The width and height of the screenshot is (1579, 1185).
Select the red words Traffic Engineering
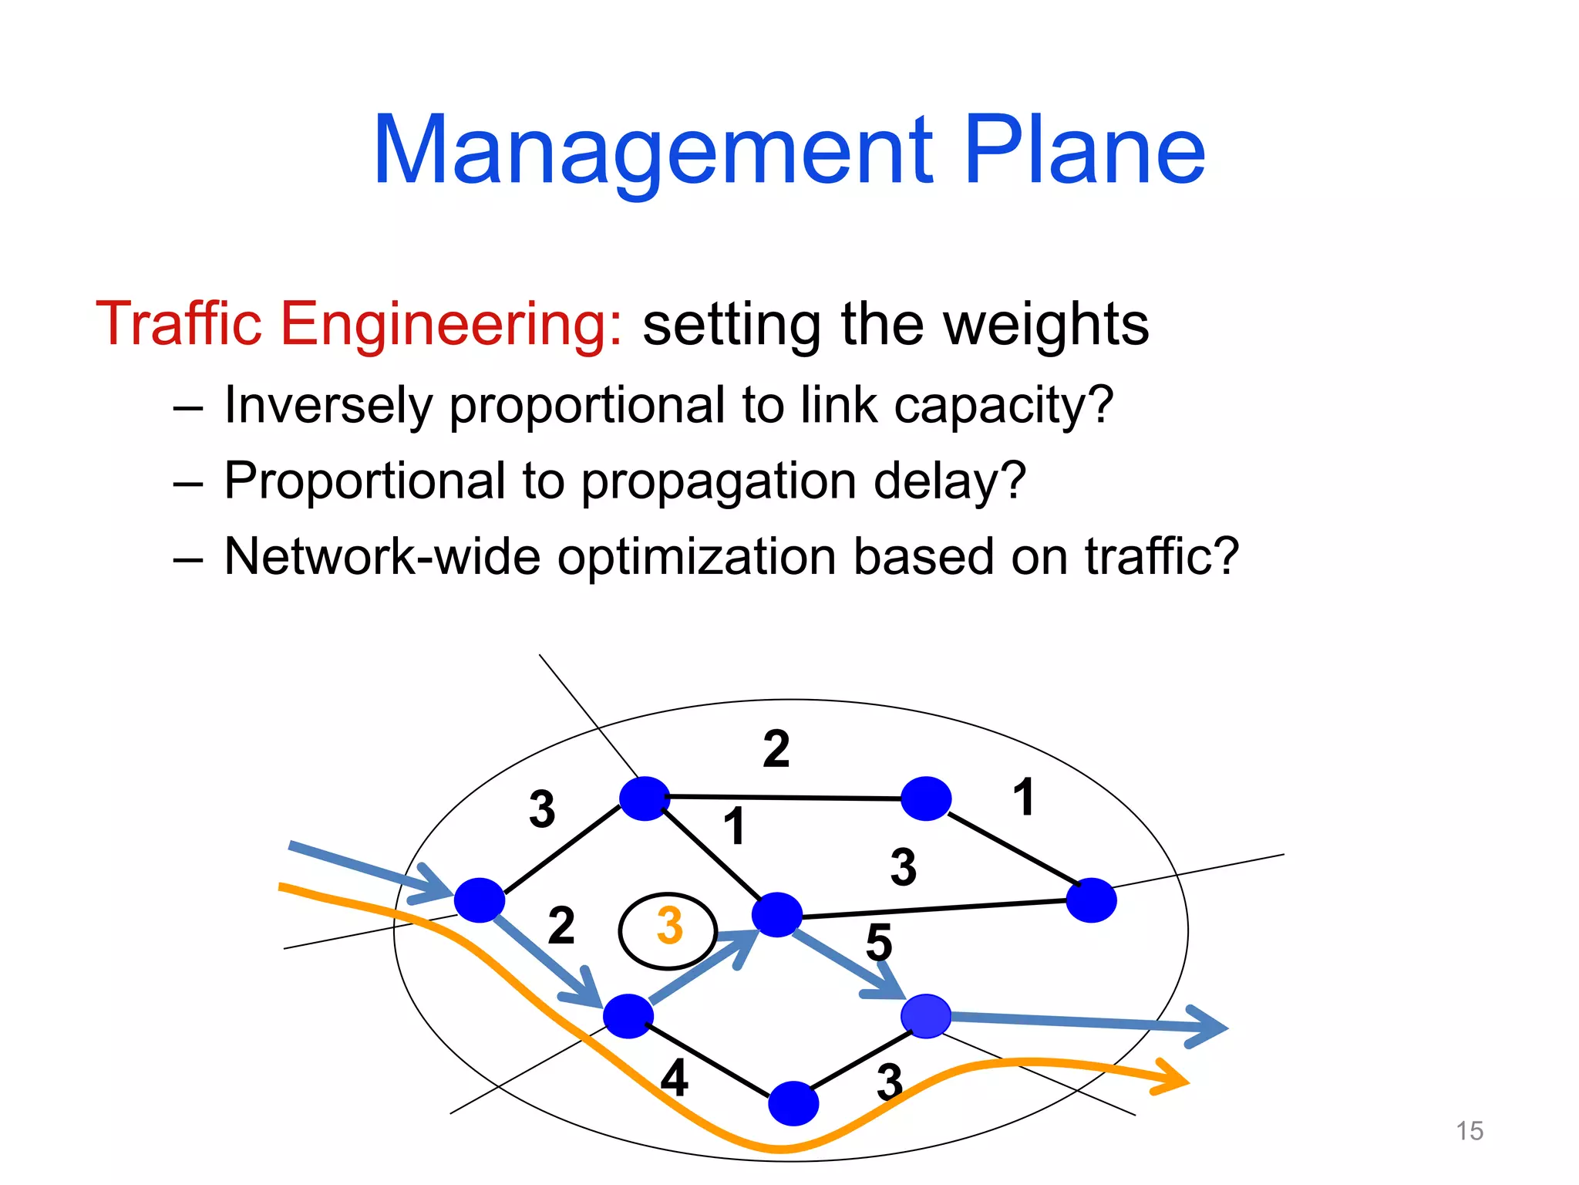click(359, 324)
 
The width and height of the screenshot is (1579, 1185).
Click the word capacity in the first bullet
click(1003, 406)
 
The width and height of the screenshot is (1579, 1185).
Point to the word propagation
click(718, 482)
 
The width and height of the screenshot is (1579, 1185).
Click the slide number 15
click(1470, 1131)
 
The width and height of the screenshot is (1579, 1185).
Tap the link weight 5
click(879, 942)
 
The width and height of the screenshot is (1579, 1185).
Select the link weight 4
click(675, 1078)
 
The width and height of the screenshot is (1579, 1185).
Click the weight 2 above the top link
click(776, 749)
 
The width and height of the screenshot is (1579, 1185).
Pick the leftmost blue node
click(480, 900)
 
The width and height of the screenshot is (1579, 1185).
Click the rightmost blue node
click(1091, 900)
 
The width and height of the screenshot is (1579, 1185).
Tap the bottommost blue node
click(793, 1103)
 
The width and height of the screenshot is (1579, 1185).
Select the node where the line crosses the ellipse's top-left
click(645, 798)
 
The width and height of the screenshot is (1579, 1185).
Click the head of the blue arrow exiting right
click(1207, 1027)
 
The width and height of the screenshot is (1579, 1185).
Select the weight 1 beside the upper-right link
click(1023, 797)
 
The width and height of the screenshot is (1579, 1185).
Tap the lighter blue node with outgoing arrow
click(926, 1016)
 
